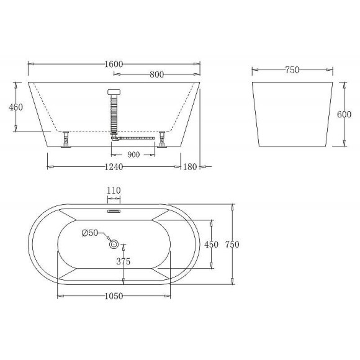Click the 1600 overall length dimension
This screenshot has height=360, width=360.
(x=114, y=63)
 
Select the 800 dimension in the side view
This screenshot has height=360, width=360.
(x=156, y=74)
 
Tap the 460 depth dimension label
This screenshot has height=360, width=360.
(x=16, y=107)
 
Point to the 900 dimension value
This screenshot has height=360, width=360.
(x=133, y=155)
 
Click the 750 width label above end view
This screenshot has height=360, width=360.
(x=292, y=70)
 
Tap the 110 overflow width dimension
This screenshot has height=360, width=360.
(x=114, y=191)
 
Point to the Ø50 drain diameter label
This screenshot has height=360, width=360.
(x=91, y=233)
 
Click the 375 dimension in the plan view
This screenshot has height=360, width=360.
(x=123, y=261)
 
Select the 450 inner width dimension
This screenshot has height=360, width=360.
(x=212, y=245)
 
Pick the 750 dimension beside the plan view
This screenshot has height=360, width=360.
(x=232, y=245)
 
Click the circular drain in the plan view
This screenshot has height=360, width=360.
(x=114, y=245)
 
